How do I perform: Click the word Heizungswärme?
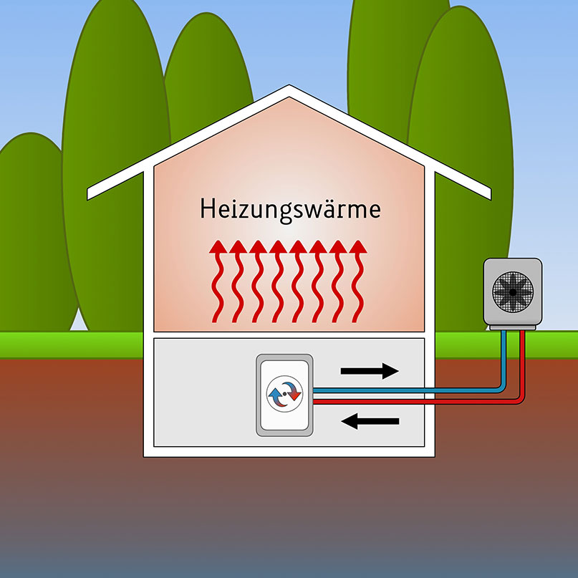290,209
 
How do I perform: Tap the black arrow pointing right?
370,370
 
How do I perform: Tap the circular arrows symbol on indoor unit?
284,395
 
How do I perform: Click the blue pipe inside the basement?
401,391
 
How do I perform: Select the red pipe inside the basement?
401,402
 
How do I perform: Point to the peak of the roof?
289,90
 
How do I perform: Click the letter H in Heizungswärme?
207,208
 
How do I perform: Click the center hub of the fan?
512,291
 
